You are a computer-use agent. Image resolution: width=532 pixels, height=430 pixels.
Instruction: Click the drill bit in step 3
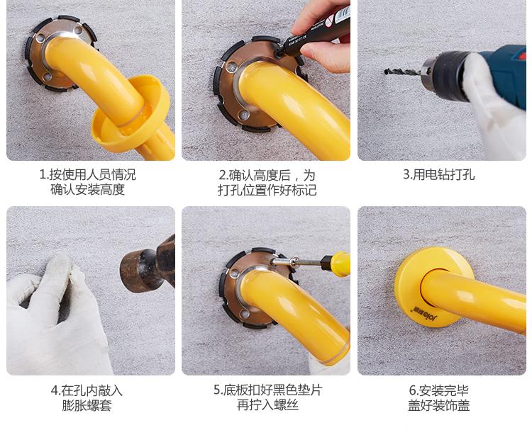[403, 72]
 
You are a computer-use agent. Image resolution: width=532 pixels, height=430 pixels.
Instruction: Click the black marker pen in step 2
[314, 32]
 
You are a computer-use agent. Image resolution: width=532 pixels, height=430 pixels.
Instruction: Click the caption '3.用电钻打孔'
[438, 175]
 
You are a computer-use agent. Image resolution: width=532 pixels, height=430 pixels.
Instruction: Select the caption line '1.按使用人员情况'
[87, 175]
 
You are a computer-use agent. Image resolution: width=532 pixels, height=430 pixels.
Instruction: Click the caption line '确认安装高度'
[87, 189]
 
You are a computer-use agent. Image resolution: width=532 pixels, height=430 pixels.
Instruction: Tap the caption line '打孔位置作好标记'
[267, 190]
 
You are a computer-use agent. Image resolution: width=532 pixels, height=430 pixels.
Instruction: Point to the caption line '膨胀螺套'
[87, 406]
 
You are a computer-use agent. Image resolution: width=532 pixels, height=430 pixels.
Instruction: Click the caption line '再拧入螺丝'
[267, 405]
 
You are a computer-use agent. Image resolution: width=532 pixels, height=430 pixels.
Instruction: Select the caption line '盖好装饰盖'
[438, 405]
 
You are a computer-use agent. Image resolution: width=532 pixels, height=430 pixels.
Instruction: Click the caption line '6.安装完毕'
[438, 391]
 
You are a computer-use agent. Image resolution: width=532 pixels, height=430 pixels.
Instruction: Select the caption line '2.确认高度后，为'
[267, 175]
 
